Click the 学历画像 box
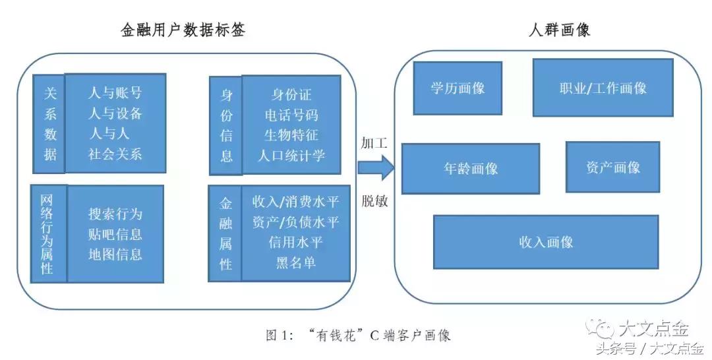[x=458, y=88]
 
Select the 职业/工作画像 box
[x=603, y=88]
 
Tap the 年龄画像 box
[x=471, y=168]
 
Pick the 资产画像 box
[x=612, y=167]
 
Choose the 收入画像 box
[x=546, y=242]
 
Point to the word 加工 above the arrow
[x=374, y=143]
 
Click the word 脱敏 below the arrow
[x=374, y=201]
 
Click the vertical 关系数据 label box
[x=51, y=124]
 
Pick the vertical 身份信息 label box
[x=226, y=125]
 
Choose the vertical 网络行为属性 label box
[x=49, y=234]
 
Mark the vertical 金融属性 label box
[x=225, y=234]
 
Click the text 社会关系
[x=115, y=154]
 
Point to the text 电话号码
[x=291, y=115]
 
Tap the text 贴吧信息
[x=115, y=234]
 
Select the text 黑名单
[x=295, y=262]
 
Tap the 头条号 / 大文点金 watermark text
[x=649, y=348]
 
